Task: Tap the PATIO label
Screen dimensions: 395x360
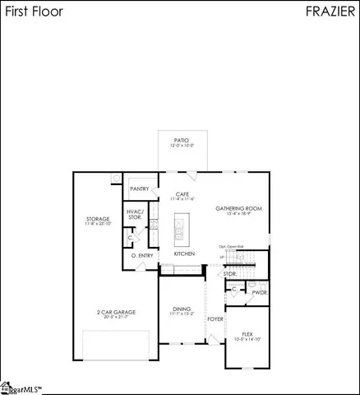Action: pos(182,140)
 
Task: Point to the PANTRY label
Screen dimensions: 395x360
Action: pos(140,188)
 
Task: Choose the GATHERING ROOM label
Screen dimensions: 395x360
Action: pos(238,208)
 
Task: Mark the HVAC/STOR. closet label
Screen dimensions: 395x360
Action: pos(135,214)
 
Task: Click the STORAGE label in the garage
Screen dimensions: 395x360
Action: pos(98,219)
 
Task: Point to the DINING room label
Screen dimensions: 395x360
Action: pos(182,309)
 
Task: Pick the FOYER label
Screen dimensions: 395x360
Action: pos(215,318)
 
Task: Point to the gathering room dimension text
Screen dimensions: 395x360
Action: pos(238,214)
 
